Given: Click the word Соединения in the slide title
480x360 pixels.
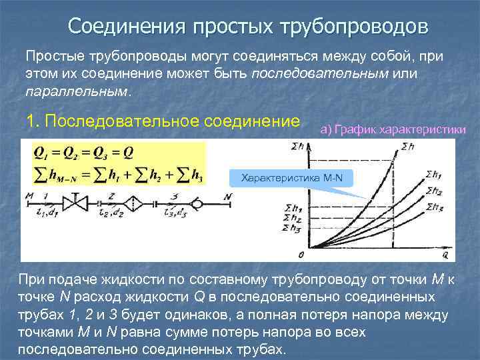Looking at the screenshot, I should click(126, 27).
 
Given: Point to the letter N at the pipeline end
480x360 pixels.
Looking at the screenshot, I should click(229, 196).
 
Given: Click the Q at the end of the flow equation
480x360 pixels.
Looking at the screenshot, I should click(128, 151).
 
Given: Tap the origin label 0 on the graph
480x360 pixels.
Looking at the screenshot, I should click(301, 254).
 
